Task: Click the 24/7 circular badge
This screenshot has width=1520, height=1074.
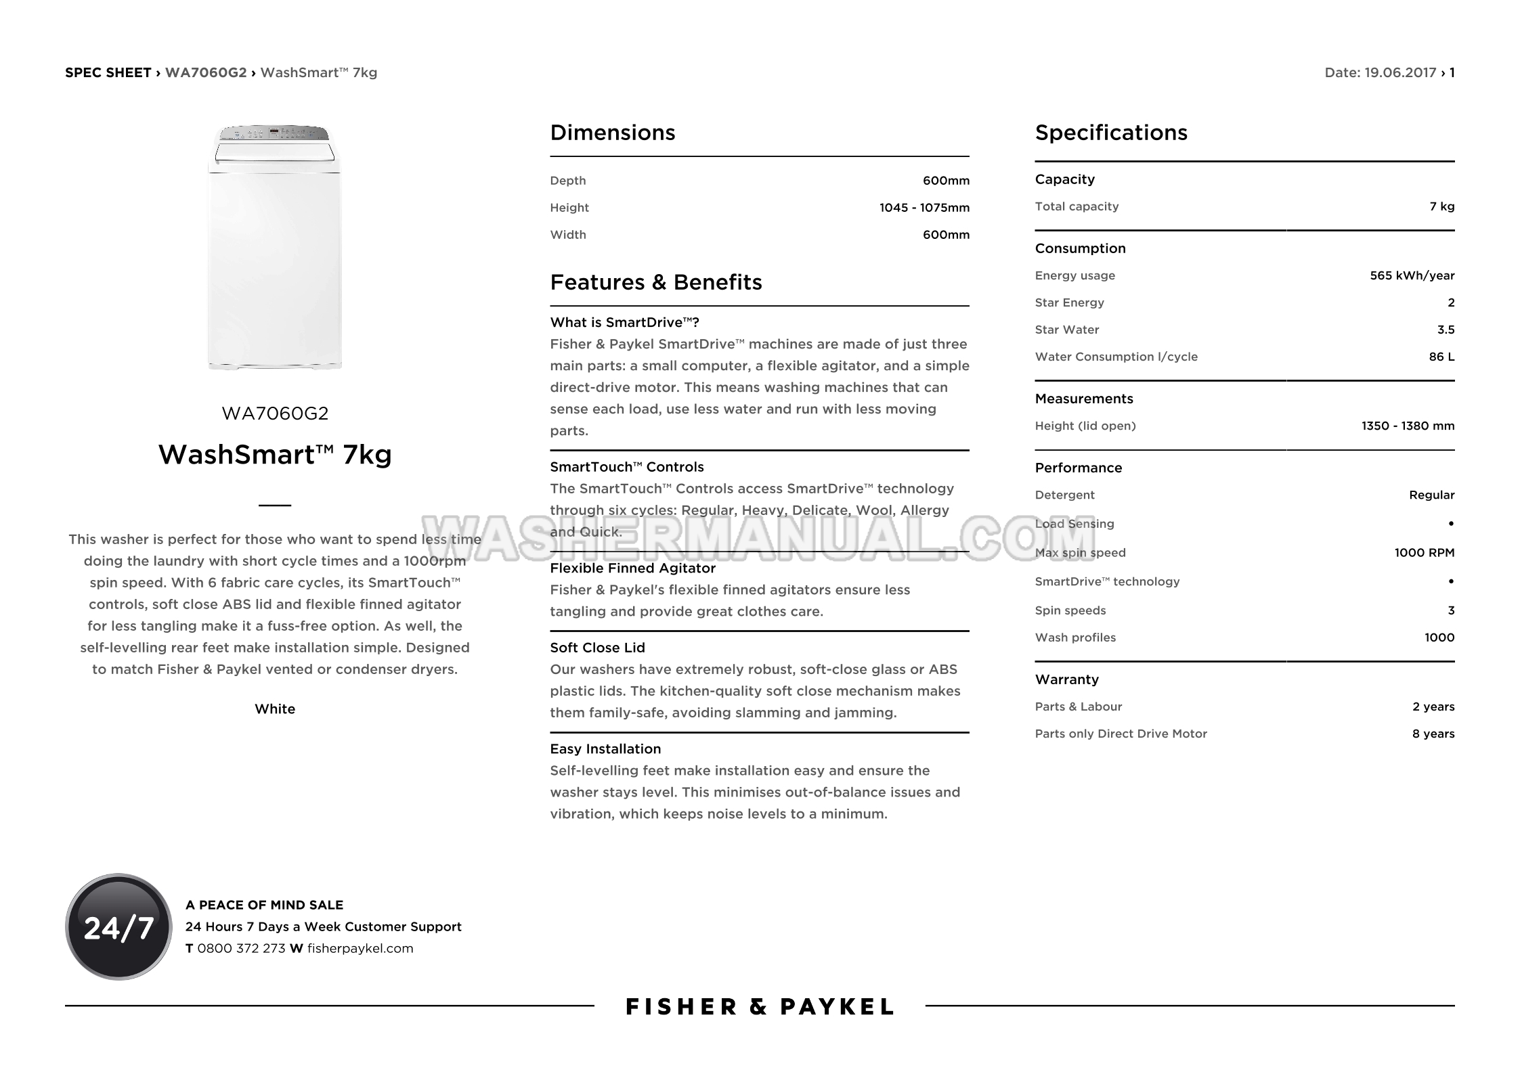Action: click(x=118, y=926)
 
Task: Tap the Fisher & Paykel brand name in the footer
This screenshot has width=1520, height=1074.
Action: click(x=760, y=1007)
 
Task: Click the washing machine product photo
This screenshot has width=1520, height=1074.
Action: click(x=275, y=248)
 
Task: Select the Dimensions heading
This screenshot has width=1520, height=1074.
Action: click(x=612, y=133)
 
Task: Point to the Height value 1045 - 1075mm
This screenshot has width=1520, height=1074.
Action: click(x=924, y=208)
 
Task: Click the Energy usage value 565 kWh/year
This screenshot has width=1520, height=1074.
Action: click(x=1412, y=275)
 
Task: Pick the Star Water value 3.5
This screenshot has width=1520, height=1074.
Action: click(x=1446, y=330)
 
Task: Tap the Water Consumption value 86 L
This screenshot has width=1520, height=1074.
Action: click(x=1441, y=357)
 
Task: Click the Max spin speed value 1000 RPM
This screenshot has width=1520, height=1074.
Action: click(x=1424, y=552)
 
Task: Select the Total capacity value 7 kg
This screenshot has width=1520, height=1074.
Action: click(x=1441, y=206)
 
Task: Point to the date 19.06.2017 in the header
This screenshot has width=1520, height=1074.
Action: click(x=1399, y=72)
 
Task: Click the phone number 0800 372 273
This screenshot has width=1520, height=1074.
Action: click(x=241, y=948)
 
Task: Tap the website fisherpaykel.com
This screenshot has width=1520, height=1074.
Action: click(x=360, y=948)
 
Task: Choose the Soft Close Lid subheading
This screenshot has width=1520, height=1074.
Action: click(x=597, y=648)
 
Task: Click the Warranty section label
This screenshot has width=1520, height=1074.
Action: click(x=1066, y=679)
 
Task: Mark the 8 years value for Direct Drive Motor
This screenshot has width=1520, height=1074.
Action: click(x=1433, y=734)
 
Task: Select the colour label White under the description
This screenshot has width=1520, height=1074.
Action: click(x=275, y=709)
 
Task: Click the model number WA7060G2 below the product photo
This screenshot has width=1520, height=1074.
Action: click(x=275, y=413)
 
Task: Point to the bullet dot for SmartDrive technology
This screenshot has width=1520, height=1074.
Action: click(x=1451, y=581)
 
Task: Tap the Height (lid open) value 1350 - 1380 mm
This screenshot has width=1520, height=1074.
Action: click(x=1408, y=426)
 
